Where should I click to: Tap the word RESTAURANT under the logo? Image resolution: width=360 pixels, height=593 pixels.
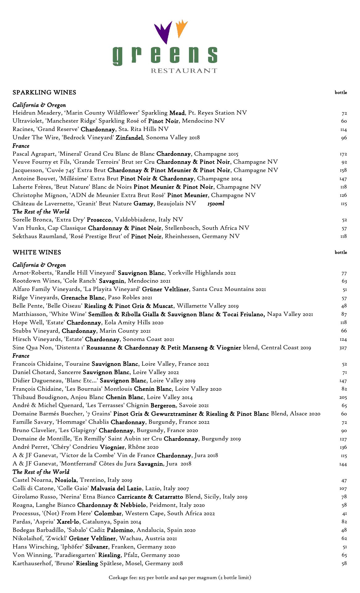[x=184, y=71]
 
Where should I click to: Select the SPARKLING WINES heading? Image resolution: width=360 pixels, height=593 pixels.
[x=44, y=92]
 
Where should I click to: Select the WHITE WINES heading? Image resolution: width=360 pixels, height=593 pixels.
[x=37, y=252]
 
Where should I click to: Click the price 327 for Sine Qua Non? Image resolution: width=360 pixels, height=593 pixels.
[x=343, y=348]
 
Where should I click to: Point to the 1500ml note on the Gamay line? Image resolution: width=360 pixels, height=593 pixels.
[x=216, y=204]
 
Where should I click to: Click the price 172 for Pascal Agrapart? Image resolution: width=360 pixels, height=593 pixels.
[x=343, y=154]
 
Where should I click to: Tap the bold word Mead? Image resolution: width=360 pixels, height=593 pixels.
[x=177, y=113]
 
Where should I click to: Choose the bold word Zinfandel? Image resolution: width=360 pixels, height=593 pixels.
[x=129, y=137]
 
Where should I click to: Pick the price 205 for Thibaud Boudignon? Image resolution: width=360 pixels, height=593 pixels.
[x=343, y=397]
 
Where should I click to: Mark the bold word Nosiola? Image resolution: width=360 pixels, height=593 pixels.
[x=65, y=480]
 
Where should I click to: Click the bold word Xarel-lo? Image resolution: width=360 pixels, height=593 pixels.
[x=68, y=522]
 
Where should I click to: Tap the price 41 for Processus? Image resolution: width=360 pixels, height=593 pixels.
[x=345, y=514]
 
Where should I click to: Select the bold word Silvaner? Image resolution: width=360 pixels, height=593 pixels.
[x=97, y=547]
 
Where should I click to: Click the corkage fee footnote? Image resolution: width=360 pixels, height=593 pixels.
[x=180, y=577]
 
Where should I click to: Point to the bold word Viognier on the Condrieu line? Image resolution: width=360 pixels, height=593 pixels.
[x=112, y=447]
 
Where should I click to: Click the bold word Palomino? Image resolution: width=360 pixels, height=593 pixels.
[x=120, y=530]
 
